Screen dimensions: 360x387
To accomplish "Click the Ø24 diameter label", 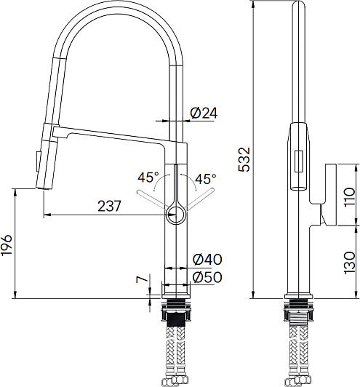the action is click(x=204, y=113).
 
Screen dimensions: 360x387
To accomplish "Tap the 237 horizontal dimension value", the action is click(x=109, y=206).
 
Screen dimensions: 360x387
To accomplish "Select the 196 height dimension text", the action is click(x=6, y=245).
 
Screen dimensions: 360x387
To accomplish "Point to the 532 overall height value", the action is click(x=244, y=159).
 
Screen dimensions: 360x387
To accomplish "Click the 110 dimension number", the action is click(x=349, y=197).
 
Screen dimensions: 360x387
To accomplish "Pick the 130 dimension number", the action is click(x=349, y=263).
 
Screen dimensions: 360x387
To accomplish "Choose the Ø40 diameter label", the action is click(x=207, y=259).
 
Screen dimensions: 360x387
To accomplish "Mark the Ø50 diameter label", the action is click(x=207, y=277).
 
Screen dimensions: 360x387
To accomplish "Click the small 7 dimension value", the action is click(x=142, y=279).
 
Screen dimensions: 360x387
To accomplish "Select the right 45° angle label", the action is click(x=206, y=179).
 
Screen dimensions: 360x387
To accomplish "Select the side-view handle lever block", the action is click(x=330, y=195).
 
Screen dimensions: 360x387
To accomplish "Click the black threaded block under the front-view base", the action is click(x=176, y=320).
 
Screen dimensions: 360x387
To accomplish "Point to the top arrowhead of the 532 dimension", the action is click(x=253, y=4).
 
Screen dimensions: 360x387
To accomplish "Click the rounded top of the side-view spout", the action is click(x=299, y=4).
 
